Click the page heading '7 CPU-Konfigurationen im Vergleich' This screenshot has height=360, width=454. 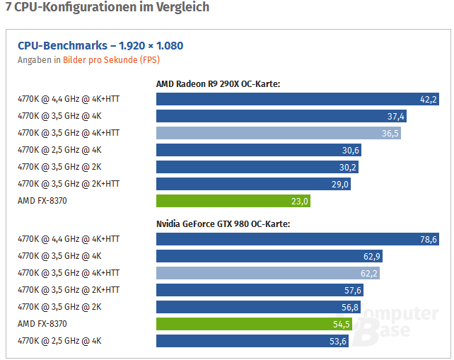107,7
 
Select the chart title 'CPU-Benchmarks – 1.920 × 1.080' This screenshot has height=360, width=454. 100,46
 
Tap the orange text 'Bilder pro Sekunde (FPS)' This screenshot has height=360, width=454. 111,60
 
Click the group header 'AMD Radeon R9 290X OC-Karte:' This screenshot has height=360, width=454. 218,83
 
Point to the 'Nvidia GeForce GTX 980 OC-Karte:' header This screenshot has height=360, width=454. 223,224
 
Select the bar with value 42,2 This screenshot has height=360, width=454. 298,99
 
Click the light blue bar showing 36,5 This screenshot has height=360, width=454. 279,133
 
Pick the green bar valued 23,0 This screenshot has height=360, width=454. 233,201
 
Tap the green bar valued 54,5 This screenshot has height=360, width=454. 254,324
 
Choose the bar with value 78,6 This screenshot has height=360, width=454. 298,239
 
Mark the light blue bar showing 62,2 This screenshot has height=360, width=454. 268,273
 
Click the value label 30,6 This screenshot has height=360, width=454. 350,151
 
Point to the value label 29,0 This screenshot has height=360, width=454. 340,184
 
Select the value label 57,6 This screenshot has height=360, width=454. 353,290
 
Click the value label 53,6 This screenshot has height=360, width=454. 338,341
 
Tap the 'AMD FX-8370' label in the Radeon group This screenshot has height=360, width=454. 42,201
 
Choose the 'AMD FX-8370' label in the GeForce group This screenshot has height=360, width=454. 42,323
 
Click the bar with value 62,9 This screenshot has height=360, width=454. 269,256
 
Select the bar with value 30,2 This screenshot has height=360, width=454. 257,167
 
